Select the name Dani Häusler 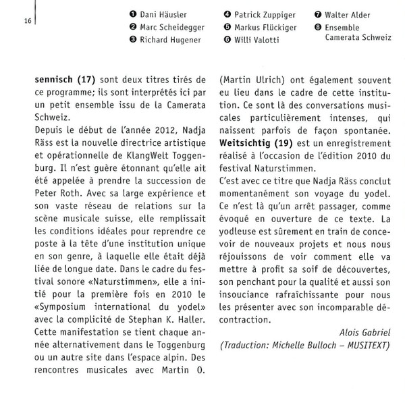click(x=164, y=15)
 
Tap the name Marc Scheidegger click(x=172, y=27)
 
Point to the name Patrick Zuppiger click(x=264, y=15)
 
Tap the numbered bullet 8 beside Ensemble click(x=319, y=28)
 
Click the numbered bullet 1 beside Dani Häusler click(x=133, y=15)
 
